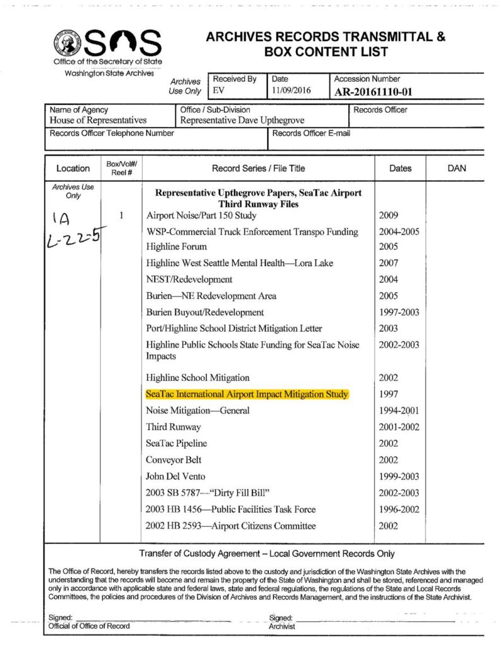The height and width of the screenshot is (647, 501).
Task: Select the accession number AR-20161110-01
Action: (x=373, y=92)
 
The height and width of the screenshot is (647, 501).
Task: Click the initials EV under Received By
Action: (x=218, y=91)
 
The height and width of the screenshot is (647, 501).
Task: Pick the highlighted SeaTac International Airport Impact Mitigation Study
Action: (x=247, y=394)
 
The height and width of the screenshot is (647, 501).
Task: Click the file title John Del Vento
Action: (x=175, y=476)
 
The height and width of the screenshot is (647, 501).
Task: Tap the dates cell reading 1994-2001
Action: (x=399, y=411)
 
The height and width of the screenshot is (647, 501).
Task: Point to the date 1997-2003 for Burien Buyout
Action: (x=399, y=312)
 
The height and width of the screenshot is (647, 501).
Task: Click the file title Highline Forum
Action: (x=176, y=247)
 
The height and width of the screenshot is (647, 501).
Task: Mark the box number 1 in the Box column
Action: (x=120, y=215)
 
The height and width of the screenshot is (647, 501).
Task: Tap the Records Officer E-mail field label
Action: (x=311, y=133)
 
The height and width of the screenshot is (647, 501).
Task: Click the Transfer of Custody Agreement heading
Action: (x=267, y=554)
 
